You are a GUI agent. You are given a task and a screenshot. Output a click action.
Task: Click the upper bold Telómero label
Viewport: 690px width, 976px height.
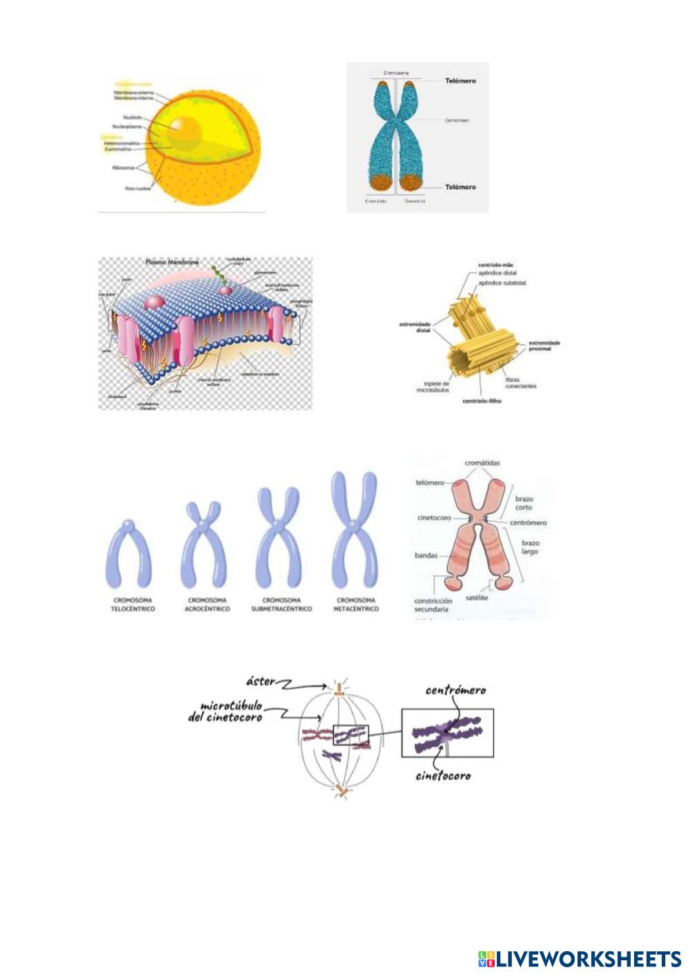point(460,81)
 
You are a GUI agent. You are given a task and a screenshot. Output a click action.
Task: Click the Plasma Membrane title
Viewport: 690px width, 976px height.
point(172,263)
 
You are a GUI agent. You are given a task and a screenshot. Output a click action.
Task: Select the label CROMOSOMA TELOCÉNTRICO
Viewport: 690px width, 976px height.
point(133,605)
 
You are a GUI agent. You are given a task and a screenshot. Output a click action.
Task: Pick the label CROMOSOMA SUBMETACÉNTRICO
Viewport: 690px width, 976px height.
point(280,605)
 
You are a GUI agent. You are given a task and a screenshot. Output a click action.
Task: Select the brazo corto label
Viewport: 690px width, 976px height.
point(526,502)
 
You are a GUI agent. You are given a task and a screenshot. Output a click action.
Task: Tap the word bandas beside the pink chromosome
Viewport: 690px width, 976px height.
point(426,554)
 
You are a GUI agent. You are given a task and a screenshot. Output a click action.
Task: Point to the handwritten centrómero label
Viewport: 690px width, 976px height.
point(455,690)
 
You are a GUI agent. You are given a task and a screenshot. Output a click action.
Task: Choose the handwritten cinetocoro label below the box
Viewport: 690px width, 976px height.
point(443,776)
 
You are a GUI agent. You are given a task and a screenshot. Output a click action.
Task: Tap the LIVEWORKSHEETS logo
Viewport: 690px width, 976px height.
point(580,958)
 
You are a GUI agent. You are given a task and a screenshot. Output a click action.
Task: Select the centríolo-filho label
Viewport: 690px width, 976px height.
point(482,401)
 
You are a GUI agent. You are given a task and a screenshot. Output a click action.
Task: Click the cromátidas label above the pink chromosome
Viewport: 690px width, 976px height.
point(482,462)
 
